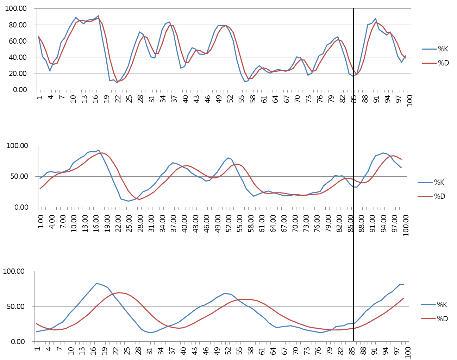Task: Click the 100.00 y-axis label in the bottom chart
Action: click(x=14, y=271)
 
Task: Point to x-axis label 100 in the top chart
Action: click(x=410, y=100)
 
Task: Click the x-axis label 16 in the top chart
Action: click(x=95, y=99)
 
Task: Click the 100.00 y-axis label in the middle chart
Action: click(x=18, y=146)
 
